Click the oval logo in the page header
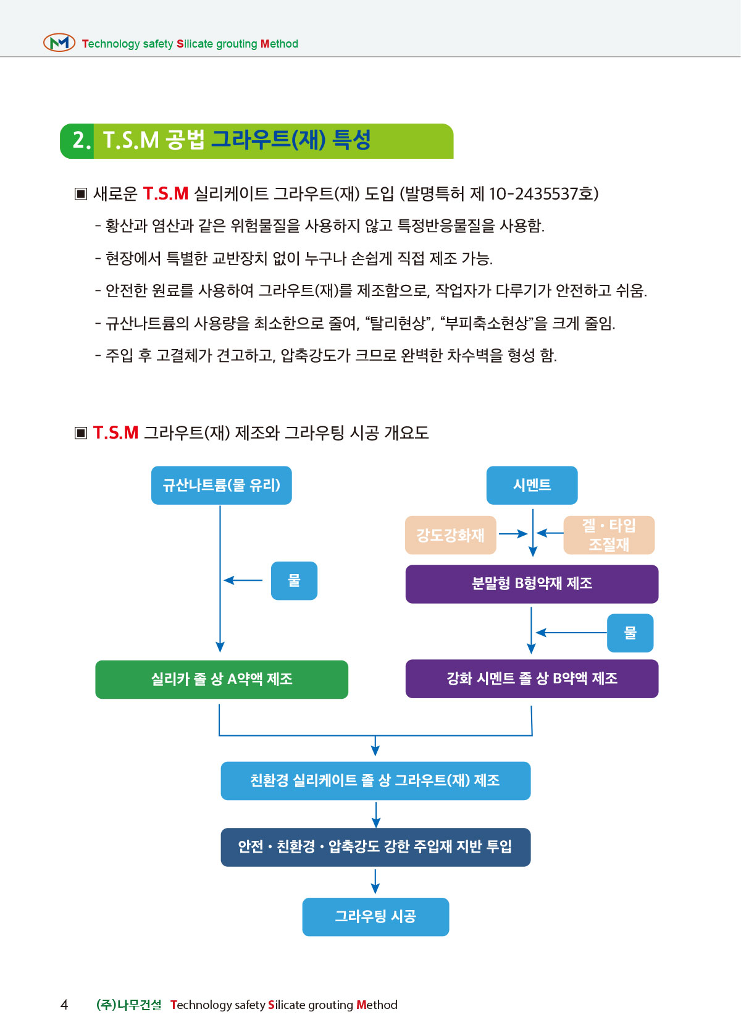(59, 43)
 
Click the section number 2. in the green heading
(81, 140)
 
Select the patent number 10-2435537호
(543, 194)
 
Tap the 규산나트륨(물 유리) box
(221, 486)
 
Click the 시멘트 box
(532, 486)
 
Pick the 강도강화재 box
(450, 535)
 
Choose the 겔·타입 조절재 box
(609, 535)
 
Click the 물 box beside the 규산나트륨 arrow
(294, 581)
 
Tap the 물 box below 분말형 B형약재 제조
(630, 633)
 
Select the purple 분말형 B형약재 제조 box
(532, 584)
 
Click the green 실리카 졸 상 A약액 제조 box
(221, 680)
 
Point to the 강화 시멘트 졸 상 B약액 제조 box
(532, 679)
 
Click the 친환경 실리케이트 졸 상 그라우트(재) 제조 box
(375, 781)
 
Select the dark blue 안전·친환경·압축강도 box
(375, 847)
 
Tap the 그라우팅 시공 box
(375, 917)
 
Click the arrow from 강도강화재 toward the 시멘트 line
(513, 534)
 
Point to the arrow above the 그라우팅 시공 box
(375, 882)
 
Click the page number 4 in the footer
(64, 1005)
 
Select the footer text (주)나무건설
(129, 1005)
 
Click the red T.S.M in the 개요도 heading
(116, 433)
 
